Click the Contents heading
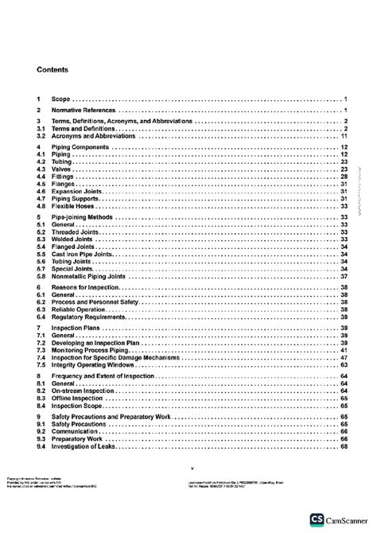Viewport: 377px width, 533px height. click(x=52, y=70)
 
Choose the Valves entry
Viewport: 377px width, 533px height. click(x=61, y=169)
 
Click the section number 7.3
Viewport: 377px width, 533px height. click(x=41, y=349)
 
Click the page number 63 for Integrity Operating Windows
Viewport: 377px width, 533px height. click(x=344, y=364)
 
